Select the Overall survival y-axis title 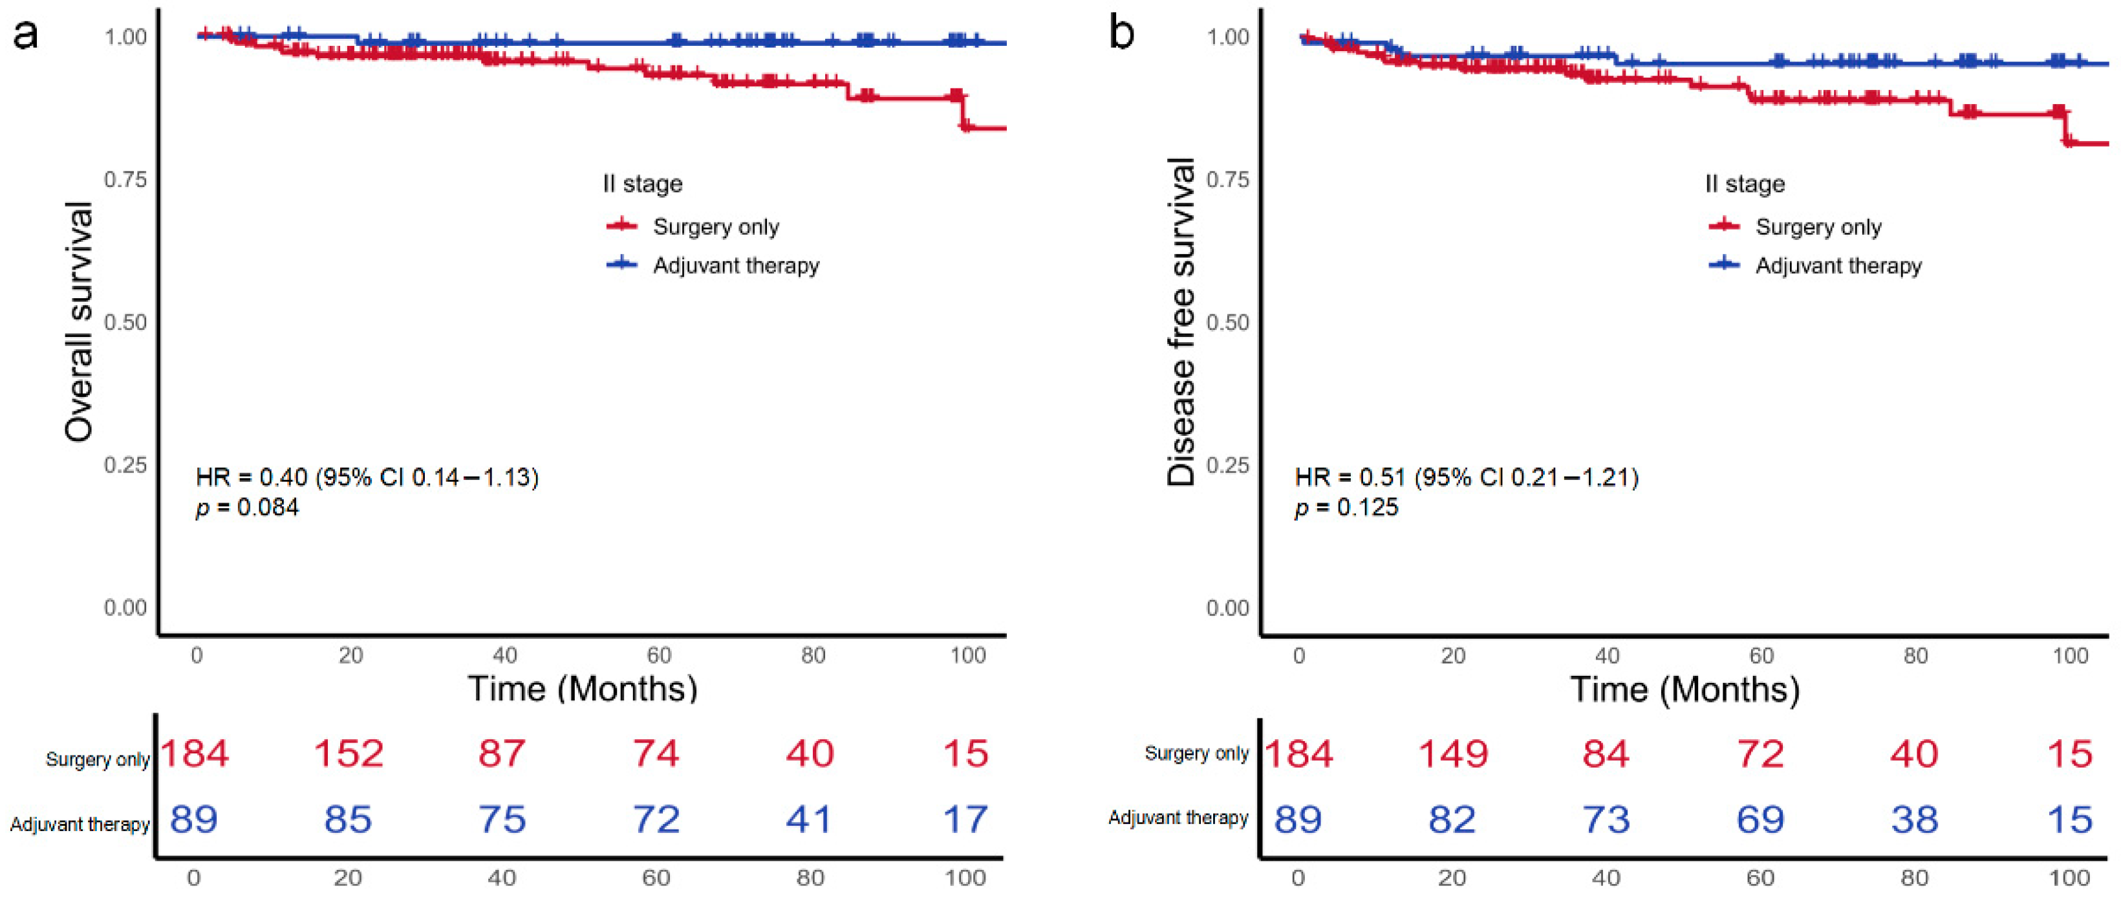coord(79,322)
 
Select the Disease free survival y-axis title coord(1181,322)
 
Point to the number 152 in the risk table coord(349,753)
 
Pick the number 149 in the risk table coord(1453,753)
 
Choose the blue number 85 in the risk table coord(349,819)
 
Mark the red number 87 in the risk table coord(502,753)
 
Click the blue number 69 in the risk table coord(1760,819)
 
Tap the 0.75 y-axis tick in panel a coord(125,180)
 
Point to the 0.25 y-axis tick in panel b coord(1227,466)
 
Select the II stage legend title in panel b coord(1745,184)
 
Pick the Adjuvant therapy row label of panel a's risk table coord(80,825)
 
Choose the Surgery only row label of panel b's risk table coord(1196,753)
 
